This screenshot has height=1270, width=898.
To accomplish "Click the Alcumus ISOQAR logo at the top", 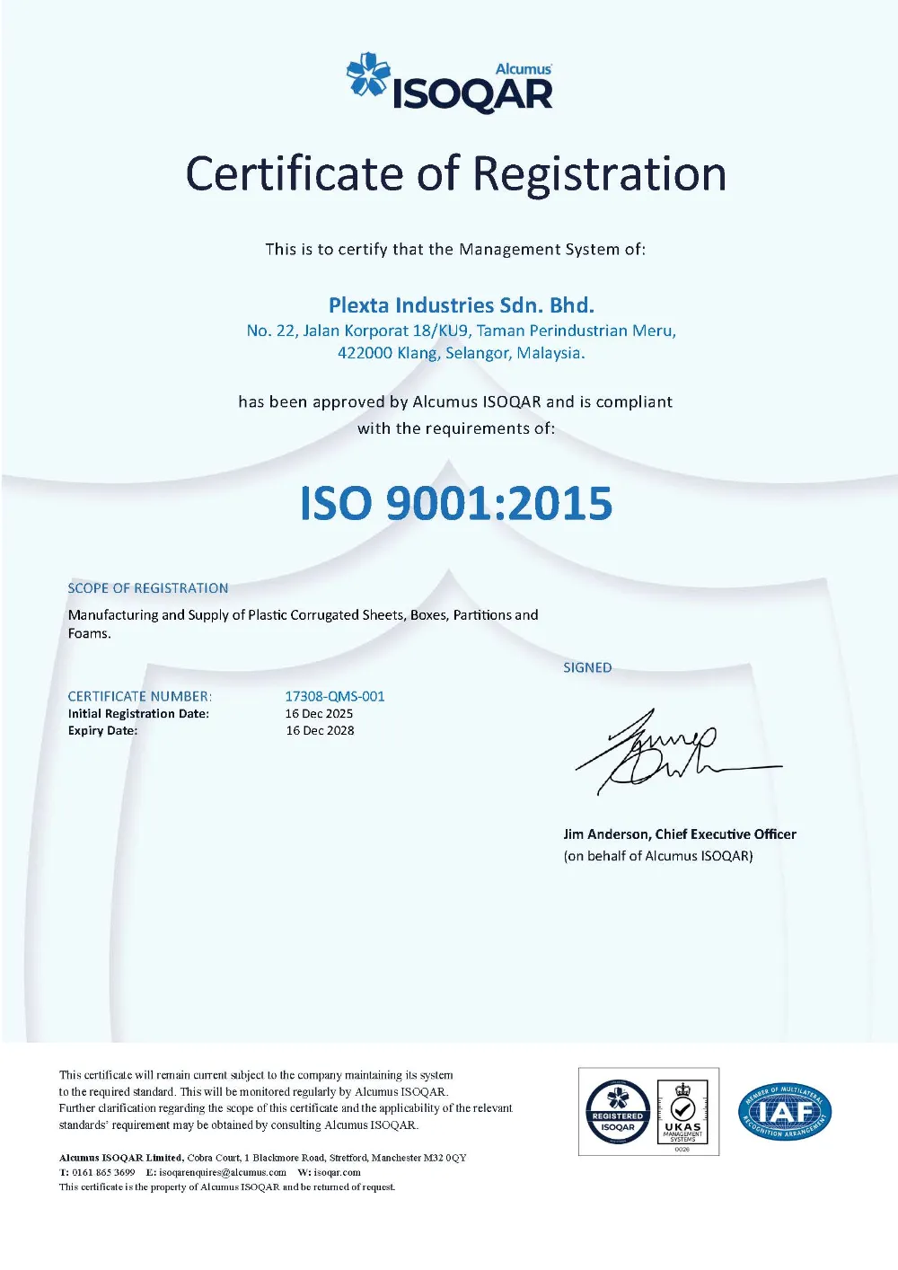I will pyautogui.click(x=450, y=84).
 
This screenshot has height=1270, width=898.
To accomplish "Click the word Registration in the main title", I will pyautogui.click(x=599, y=173).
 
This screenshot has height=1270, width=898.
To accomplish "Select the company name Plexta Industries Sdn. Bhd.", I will pyautogui.click(x=461, y=305).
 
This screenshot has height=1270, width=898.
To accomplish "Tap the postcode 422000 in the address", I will pyautogui.click(x=365, y=353).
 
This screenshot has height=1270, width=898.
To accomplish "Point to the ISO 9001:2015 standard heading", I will pyautogui.click(x=456, y=503).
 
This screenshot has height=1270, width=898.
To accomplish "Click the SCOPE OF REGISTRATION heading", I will pyautogui.click(x=148, y=588).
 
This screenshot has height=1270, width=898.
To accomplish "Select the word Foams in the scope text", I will pyautogui.click(x=88, y=633).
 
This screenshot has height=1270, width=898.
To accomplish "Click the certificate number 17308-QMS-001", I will pyautogui.click(x=335, y=696).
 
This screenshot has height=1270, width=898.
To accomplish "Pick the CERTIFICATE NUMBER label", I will pyautogui.click(x=139, y=696).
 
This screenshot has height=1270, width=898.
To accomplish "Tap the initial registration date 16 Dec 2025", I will pyautogui.click(x=319, y=713).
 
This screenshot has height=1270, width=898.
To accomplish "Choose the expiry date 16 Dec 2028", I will pyautogui.click(x=320, y=730).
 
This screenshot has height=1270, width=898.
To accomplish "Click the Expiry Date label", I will pyautogui.click(x=102, y=730).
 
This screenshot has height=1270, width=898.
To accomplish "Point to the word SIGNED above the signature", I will pyautogui.click(x=587, y=667).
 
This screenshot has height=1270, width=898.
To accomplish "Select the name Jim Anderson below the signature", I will pyautogui.click(x=606, y=834).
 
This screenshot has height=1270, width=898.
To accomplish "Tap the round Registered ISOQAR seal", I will pyautogui.click(x=618, y=1112).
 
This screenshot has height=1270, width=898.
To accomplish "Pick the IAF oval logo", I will pyautogui.click(x=785, y=1112).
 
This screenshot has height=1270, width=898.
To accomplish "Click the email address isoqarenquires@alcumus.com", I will pyautogui.click(x=223, y=1172).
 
